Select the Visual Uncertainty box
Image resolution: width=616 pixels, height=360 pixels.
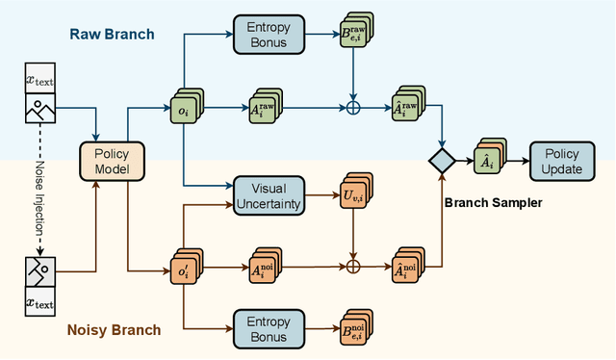point(269,195)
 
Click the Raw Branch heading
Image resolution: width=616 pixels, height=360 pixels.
point(113,35)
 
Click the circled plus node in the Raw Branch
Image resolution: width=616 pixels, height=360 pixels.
point(354,105)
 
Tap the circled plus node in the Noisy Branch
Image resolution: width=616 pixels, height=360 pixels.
point(354,265)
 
